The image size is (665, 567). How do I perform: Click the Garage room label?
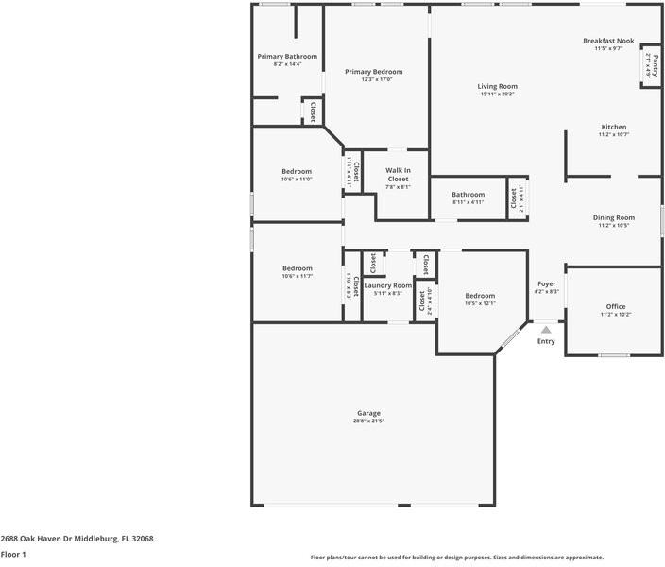[x=368, y=413]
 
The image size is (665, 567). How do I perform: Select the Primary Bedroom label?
[x=373, y=72]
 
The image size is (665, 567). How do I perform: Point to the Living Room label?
[x=497, y=86]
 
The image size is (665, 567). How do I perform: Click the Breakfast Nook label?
[x=607, y=41]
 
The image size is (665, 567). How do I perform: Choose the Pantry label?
[x=648, y=64]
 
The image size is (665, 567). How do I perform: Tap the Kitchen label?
[x=613, y=127]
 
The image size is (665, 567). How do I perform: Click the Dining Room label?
[x=613, y=217]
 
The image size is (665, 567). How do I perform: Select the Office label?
[x=616, y=306]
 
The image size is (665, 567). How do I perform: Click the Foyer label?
[x=547, y=283]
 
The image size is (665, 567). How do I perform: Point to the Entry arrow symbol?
[x=546, y=330]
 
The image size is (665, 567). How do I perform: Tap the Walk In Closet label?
[x=398, y=175]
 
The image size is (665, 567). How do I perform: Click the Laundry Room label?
[x=387, y=285]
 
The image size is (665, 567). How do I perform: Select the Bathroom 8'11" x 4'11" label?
[x=468, y=195]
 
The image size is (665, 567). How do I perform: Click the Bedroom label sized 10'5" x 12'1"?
[x=480, y=296]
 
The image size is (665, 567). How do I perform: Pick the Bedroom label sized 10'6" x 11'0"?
[x=297, y=171]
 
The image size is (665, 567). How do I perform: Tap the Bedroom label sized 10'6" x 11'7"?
[x=297, y=268]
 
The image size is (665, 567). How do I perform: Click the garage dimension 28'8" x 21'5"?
[x=368, y=421]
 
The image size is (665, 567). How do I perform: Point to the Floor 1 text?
[x=13, y=555]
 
